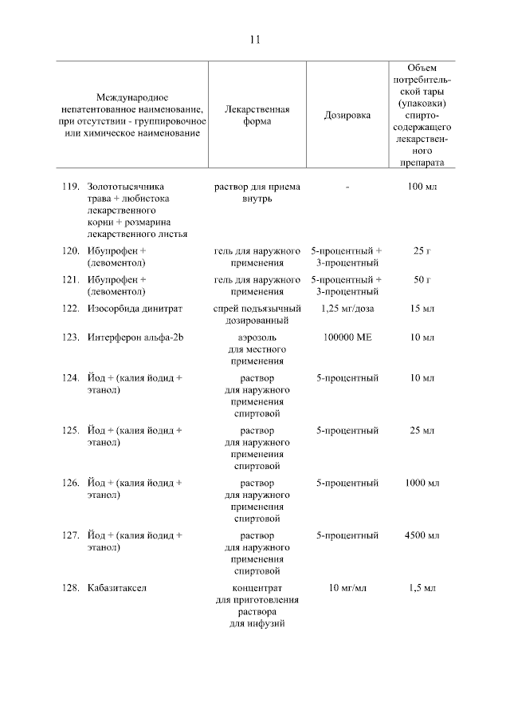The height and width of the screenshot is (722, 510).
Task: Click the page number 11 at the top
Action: [255, 39]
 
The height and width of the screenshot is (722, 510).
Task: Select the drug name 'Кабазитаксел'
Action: [117, 589]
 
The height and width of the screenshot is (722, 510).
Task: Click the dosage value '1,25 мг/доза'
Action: [347, 308]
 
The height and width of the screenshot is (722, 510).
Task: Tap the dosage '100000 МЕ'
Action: [347, 337]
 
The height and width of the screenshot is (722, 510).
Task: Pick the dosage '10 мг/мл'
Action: [347, 589]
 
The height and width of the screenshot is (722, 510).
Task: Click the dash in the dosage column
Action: [348, 187]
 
